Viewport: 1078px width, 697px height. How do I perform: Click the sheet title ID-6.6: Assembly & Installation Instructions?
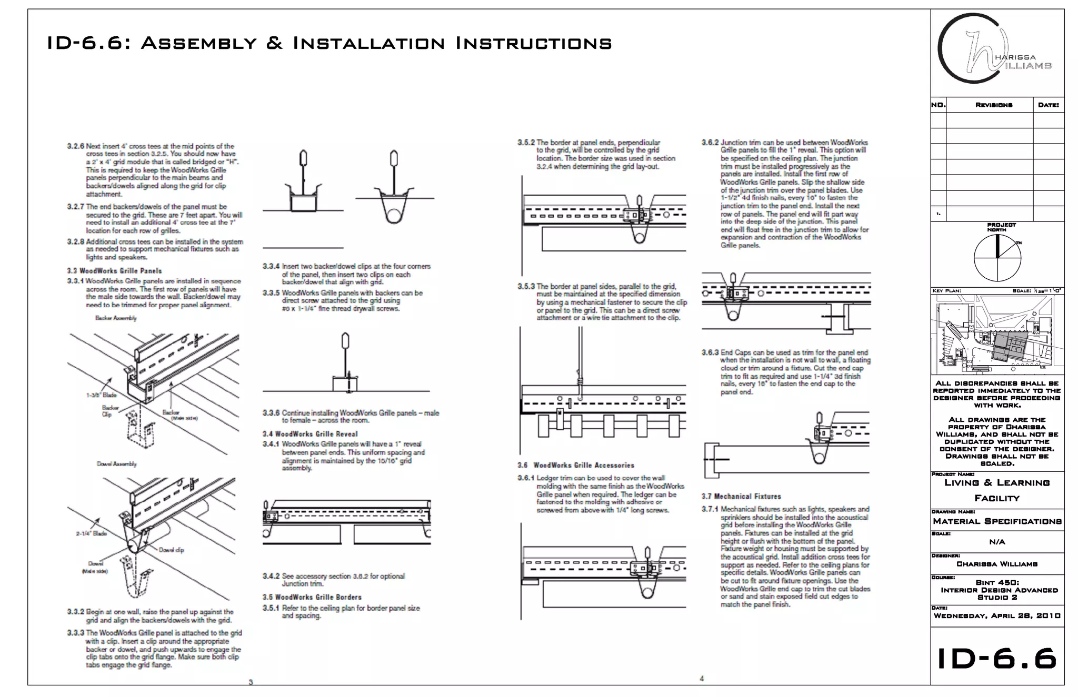[x=329, y=43]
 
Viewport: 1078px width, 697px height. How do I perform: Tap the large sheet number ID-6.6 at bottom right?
[x=997, y=659]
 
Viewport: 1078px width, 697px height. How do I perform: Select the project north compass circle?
[x=997, y=258]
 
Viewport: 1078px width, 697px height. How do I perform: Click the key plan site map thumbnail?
[x=997, y=335]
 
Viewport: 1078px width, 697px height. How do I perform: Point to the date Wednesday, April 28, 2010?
[x=997, y=615]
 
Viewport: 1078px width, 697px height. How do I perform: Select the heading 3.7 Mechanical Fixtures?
[x=741, y=497]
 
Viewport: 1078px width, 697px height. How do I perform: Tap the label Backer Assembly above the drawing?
[x=116, y=318]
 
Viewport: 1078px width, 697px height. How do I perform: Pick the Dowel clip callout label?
[x=171, y=550]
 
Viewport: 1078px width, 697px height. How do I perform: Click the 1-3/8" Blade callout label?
[x=102, y=395]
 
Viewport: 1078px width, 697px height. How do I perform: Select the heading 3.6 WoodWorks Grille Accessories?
[x=576, y=466]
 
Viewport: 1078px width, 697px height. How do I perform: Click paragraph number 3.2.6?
[x=76, y=146]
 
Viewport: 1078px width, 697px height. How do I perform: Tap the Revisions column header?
[x=993, y=105]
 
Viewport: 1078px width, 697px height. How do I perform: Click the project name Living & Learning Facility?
[x=997, y=490]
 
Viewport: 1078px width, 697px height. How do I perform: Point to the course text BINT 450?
[x=997, y=582]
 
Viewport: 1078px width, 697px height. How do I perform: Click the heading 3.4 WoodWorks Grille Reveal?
[x=310, y=434]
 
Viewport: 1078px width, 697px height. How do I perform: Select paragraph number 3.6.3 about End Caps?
[x=710, y=352]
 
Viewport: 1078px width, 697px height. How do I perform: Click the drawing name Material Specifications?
[x=997, y=521]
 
